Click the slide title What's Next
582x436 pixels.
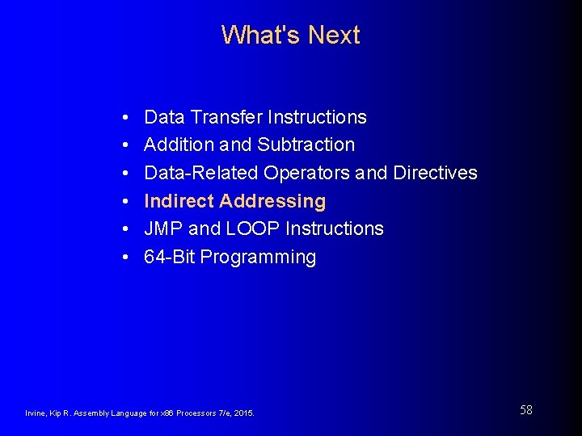click(290, 35)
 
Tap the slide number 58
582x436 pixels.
click(525, 410)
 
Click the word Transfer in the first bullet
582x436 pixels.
click(226, 117)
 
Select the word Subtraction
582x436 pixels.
click(306, 145)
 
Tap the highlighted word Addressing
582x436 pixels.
click(272, 201)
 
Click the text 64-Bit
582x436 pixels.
click(169, 257)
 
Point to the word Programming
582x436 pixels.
click(258, 258)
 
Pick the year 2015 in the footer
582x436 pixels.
click(243, 413)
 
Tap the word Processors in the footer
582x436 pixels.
click(188, 413)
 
